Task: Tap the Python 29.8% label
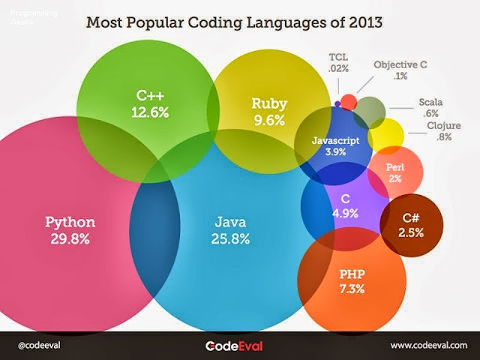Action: pyautogui.click(x=70, y=230)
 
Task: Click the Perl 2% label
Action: pyautogui.click(x=394, y=173)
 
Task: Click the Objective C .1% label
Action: pyautogui.click(x=400, y=70)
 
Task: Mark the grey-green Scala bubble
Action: pyautogui.click(x=369, y=112)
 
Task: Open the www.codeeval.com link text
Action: pyautogui.click(x=429, y=345)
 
